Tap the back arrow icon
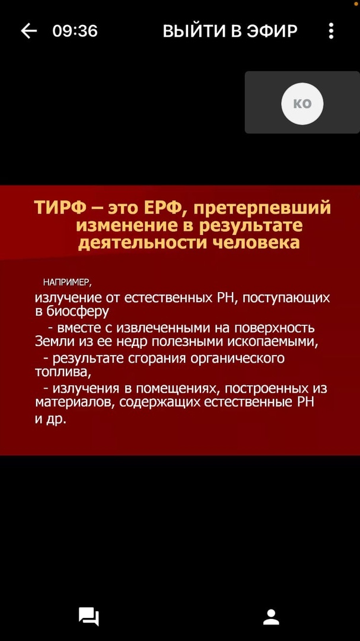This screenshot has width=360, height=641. pos(29,31)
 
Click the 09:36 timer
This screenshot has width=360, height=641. pos(75,31)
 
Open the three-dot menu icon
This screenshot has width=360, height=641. pos(331,31)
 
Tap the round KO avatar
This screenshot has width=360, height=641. pos(302,104)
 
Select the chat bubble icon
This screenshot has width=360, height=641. pos(89,617)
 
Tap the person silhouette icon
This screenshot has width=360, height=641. pos(271,617)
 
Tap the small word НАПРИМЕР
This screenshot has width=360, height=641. pos(68,283)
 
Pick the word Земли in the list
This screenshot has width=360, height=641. pos(50,341)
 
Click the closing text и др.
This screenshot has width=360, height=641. pos(50,420)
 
